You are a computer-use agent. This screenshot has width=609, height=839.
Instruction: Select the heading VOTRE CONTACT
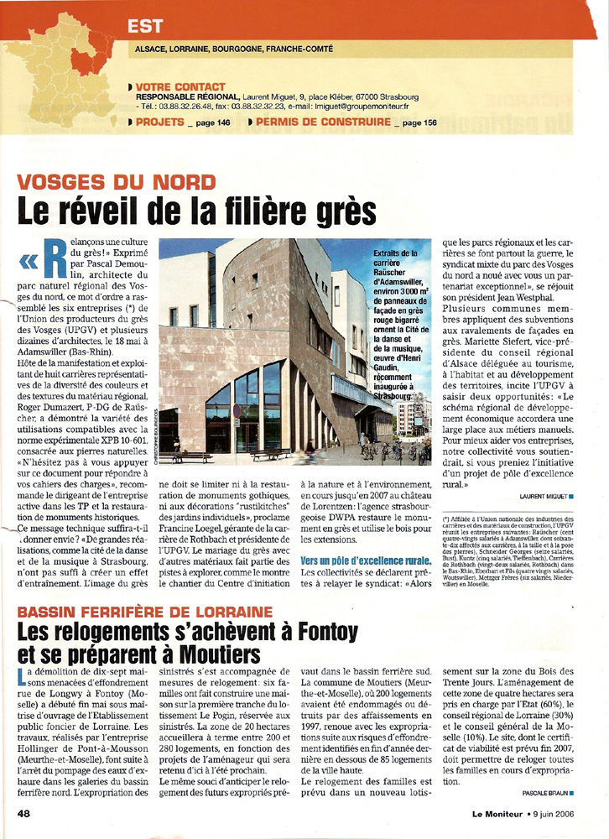(x=180, y=86)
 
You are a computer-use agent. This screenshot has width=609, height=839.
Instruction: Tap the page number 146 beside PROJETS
(x=222, y=122)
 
